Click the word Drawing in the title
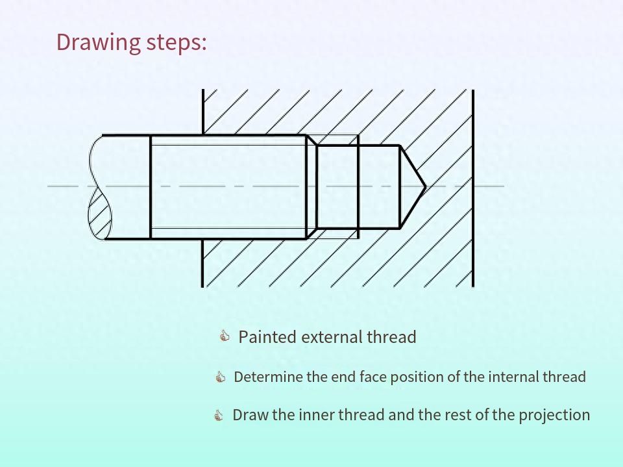coord(98,42)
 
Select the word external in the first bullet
coord(332,337)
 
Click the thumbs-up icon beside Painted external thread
coord(225,336)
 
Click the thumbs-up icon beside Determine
coord(220,376)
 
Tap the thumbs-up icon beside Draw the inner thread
coord(218,415)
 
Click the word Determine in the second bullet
coord(268,377)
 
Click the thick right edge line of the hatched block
coord(473,188)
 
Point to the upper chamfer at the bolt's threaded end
coord(312,140)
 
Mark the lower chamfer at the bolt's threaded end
coord(312,234)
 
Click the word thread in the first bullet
coord(391,337)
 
